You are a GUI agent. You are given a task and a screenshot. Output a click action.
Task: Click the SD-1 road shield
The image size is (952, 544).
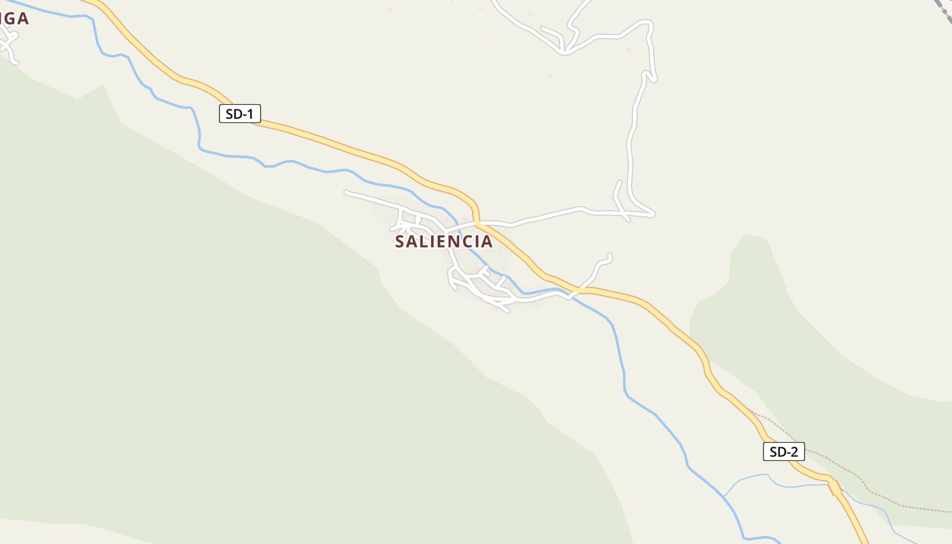pos(240,114)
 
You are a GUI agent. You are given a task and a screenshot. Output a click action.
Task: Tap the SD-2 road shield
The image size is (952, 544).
pos(783,452)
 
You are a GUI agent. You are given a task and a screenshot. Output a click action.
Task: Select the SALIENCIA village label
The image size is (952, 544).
pos(443,241)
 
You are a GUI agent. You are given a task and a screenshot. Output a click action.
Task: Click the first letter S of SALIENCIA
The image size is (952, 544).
pos(401,241)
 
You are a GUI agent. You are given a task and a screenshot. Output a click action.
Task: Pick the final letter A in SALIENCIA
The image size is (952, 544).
pos(486,241)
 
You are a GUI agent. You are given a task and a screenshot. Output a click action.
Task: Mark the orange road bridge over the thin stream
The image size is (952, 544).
pos(834,486)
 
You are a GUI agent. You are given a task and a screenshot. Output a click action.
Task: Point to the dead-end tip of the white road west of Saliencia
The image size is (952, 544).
pos(347,192)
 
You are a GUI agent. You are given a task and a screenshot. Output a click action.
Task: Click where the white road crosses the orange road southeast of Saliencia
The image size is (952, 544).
pos(575,292)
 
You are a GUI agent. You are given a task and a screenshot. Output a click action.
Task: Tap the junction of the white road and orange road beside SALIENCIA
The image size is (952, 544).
pos(477,222)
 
